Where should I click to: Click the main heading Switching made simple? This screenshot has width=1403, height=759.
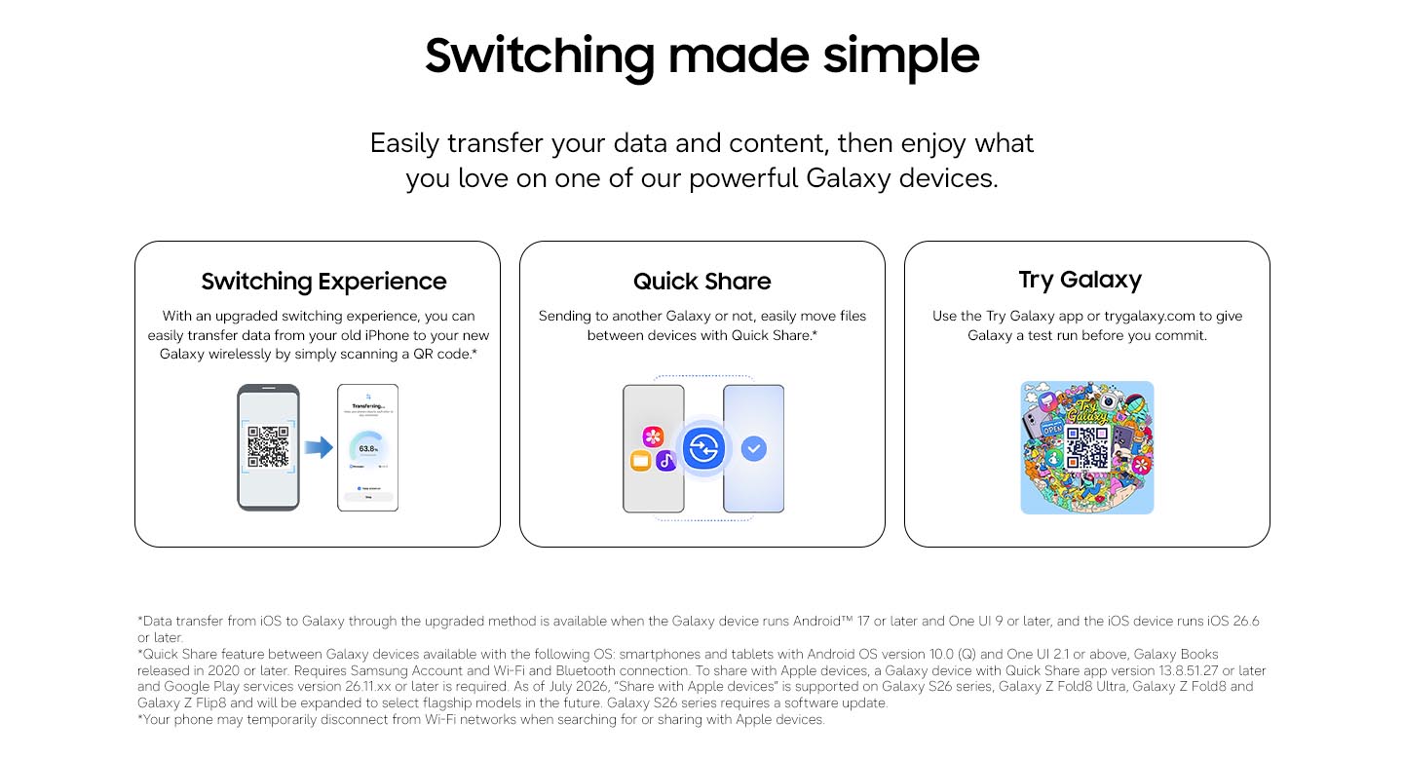coord(701,57)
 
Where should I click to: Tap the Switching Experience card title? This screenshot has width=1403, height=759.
coord(323,282)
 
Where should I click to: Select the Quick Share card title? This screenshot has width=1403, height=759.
coord(702,282)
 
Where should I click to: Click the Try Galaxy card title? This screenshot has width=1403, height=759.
coord(1081,280)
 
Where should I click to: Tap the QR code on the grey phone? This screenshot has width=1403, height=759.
coord(268,446)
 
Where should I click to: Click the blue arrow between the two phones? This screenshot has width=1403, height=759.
coord(319,447)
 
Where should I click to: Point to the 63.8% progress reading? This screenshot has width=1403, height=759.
coord(368,449)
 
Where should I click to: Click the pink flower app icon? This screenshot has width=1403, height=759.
coord(653,436)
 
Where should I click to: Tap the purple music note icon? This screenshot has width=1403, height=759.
coord(665,461)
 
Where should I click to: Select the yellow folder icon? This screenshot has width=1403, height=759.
coord(640,461)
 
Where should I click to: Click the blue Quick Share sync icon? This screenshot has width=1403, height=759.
coord(704,448)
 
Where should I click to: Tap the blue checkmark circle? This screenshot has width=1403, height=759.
coord(753,448)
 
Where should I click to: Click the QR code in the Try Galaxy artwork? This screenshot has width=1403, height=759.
coord(1087,447)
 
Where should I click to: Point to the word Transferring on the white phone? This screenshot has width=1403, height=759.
coord(368,406)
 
